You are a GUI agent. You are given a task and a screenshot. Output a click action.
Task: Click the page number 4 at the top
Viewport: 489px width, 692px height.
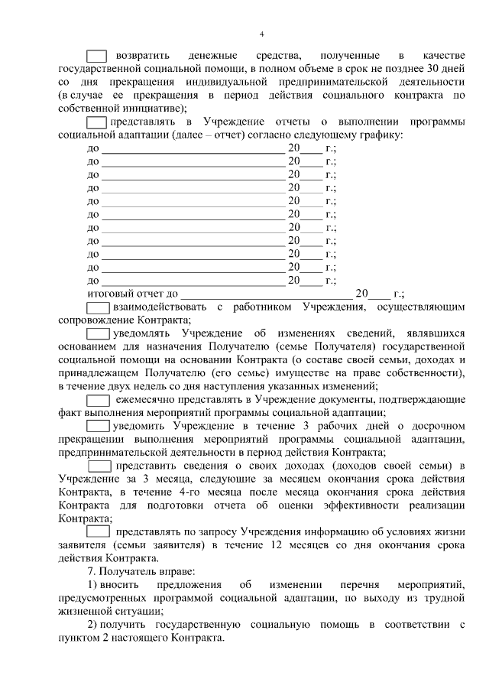click(x=261, y=34)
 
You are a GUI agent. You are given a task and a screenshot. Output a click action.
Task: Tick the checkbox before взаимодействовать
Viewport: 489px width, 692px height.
click(x=97, y=307)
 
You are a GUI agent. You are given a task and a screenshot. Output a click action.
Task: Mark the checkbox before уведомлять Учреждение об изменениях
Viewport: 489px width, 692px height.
click(x=97, y=334)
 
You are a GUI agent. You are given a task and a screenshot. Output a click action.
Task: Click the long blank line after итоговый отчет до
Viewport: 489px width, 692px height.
click(x=267, y=294)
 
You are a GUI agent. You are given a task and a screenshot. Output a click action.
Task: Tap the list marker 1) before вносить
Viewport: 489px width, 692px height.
click(x=92, y=584)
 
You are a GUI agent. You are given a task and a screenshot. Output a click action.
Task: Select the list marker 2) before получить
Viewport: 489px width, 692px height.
click(x=92, y=624)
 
